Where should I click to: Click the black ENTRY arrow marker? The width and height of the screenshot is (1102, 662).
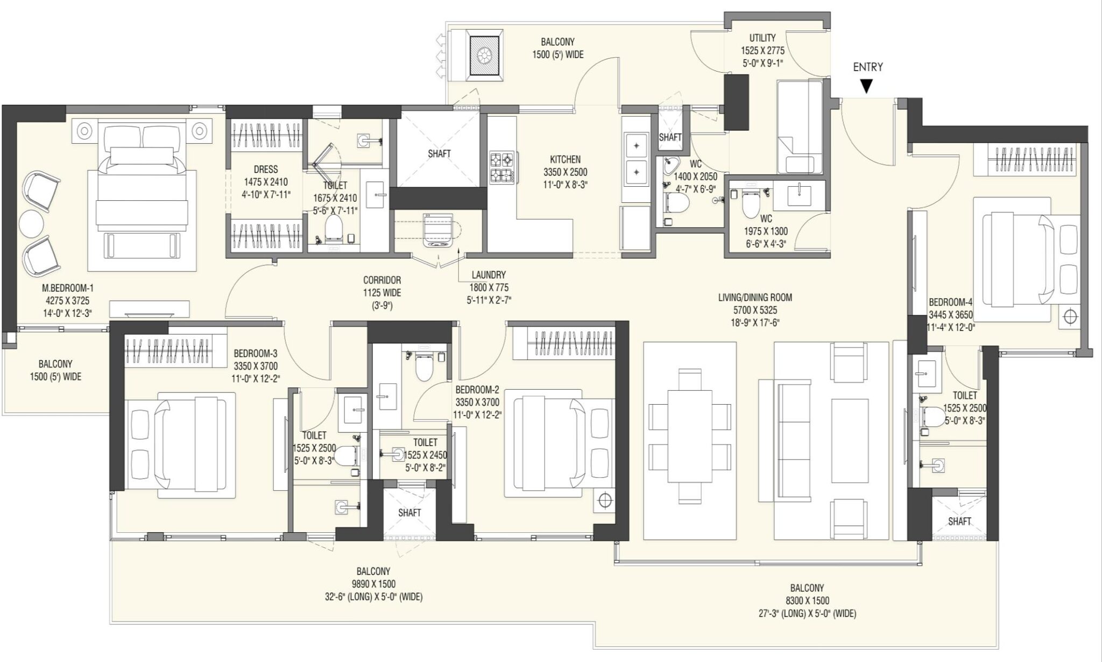866,86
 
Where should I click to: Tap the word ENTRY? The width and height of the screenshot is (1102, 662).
867,67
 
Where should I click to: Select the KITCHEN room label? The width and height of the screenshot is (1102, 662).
565,160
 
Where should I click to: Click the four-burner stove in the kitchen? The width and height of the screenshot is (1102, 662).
501,167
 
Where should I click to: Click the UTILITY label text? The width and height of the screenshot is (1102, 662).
762,38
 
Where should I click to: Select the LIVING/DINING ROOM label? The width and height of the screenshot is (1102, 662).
755,298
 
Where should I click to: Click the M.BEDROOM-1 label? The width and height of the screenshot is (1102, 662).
71,288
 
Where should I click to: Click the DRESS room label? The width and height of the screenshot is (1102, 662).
265,170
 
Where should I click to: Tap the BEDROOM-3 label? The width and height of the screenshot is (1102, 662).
256,354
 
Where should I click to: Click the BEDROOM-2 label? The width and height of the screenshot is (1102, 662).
477,390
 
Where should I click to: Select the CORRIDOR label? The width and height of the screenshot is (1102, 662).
382,280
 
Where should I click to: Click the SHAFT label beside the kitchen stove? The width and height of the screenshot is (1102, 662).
439,154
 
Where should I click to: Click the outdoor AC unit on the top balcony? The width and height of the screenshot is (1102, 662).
486,54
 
